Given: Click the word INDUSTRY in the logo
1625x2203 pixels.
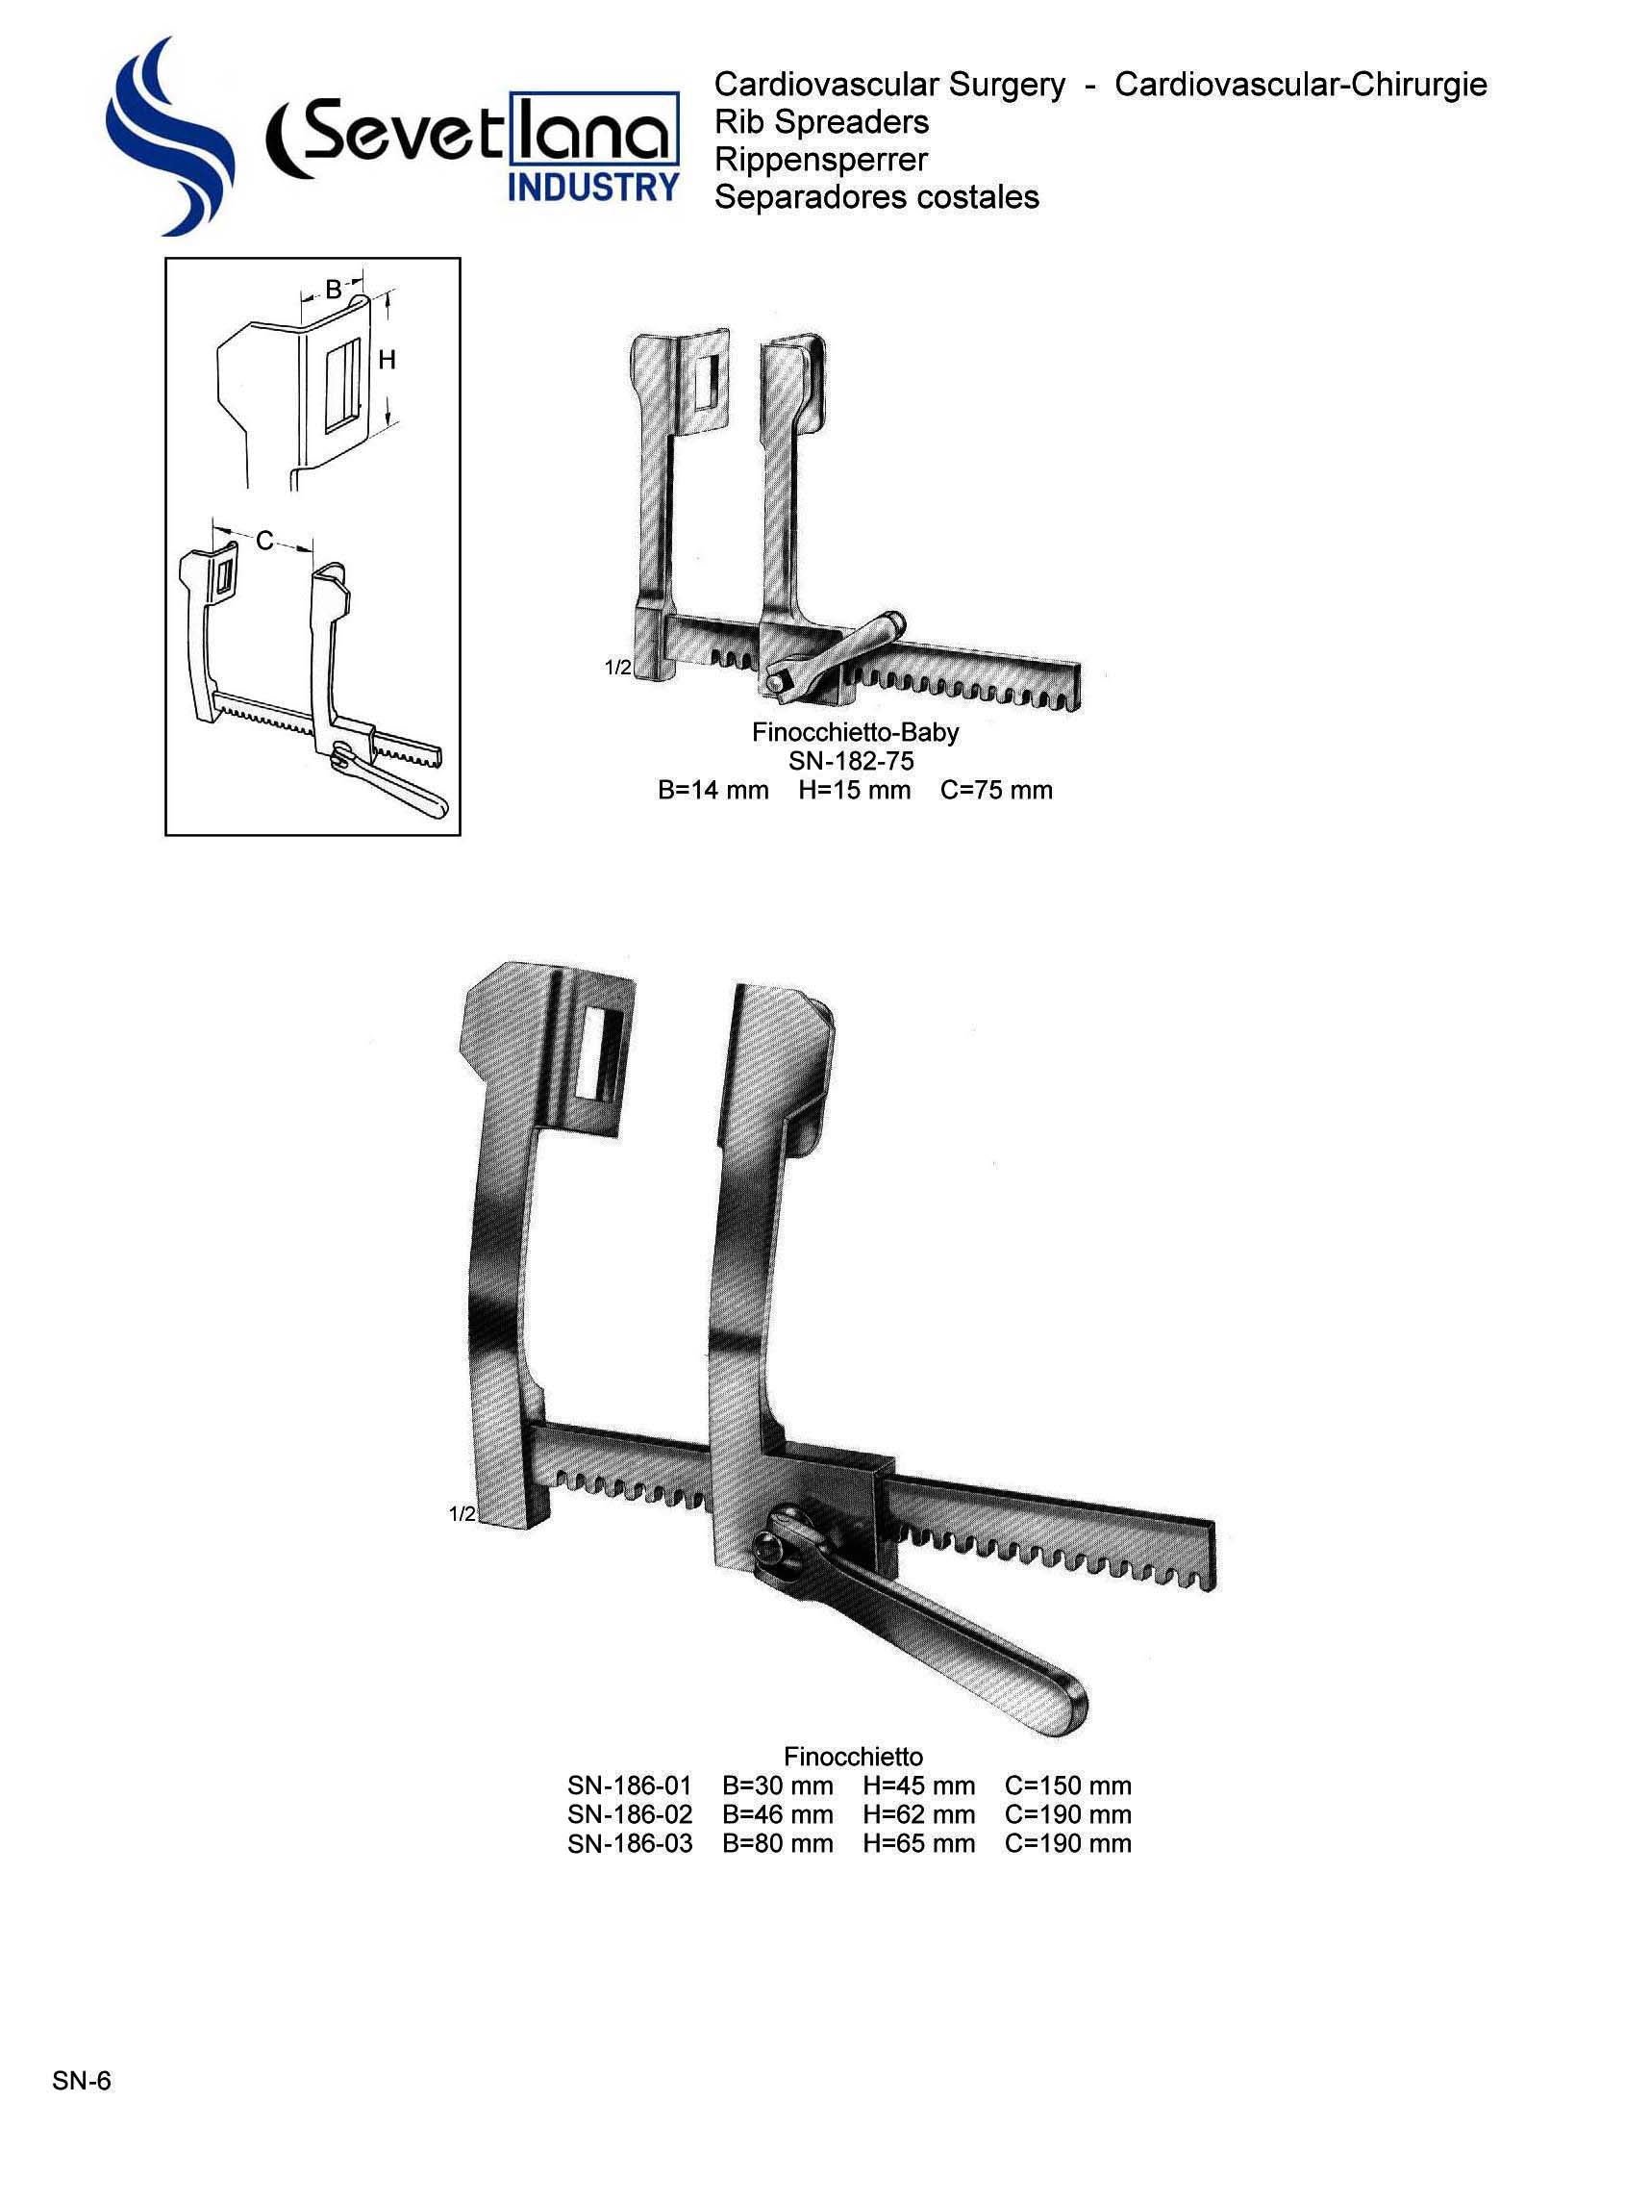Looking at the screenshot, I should point(592,186).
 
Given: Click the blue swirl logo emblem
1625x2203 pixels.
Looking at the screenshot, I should point(167,138).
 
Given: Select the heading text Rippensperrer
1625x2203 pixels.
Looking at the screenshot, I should point(820,160).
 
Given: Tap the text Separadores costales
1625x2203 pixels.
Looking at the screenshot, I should point(876,197).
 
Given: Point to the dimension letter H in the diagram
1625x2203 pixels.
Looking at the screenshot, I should point(387,360).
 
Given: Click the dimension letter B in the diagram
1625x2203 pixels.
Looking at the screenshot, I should point(334,290).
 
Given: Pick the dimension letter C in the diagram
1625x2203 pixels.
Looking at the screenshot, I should point(263,541).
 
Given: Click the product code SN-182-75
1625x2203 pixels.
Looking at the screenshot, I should point(851,761).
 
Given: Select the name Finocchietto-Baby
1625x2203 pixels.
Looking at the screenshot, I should point(855,732).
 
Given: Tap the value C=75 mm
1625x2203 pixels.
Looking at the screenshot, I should point(995,790).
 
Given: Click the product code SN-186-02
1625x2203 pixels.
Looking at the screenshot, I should point(630,1814).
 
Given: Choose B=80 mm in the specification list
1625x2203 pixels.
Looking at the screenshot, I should point(777,1843).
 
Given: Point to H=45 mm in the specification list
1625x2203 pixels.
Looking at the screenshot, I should point(918,1785).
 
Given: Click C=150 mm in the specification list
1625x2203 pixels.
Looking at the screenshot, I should point(1067,1785).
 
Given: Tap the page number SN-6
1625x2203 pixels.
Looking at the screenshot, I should point(82,2080).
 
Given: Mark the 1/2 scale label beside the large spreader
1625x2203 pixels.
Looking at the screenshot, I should point(462,1514).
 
